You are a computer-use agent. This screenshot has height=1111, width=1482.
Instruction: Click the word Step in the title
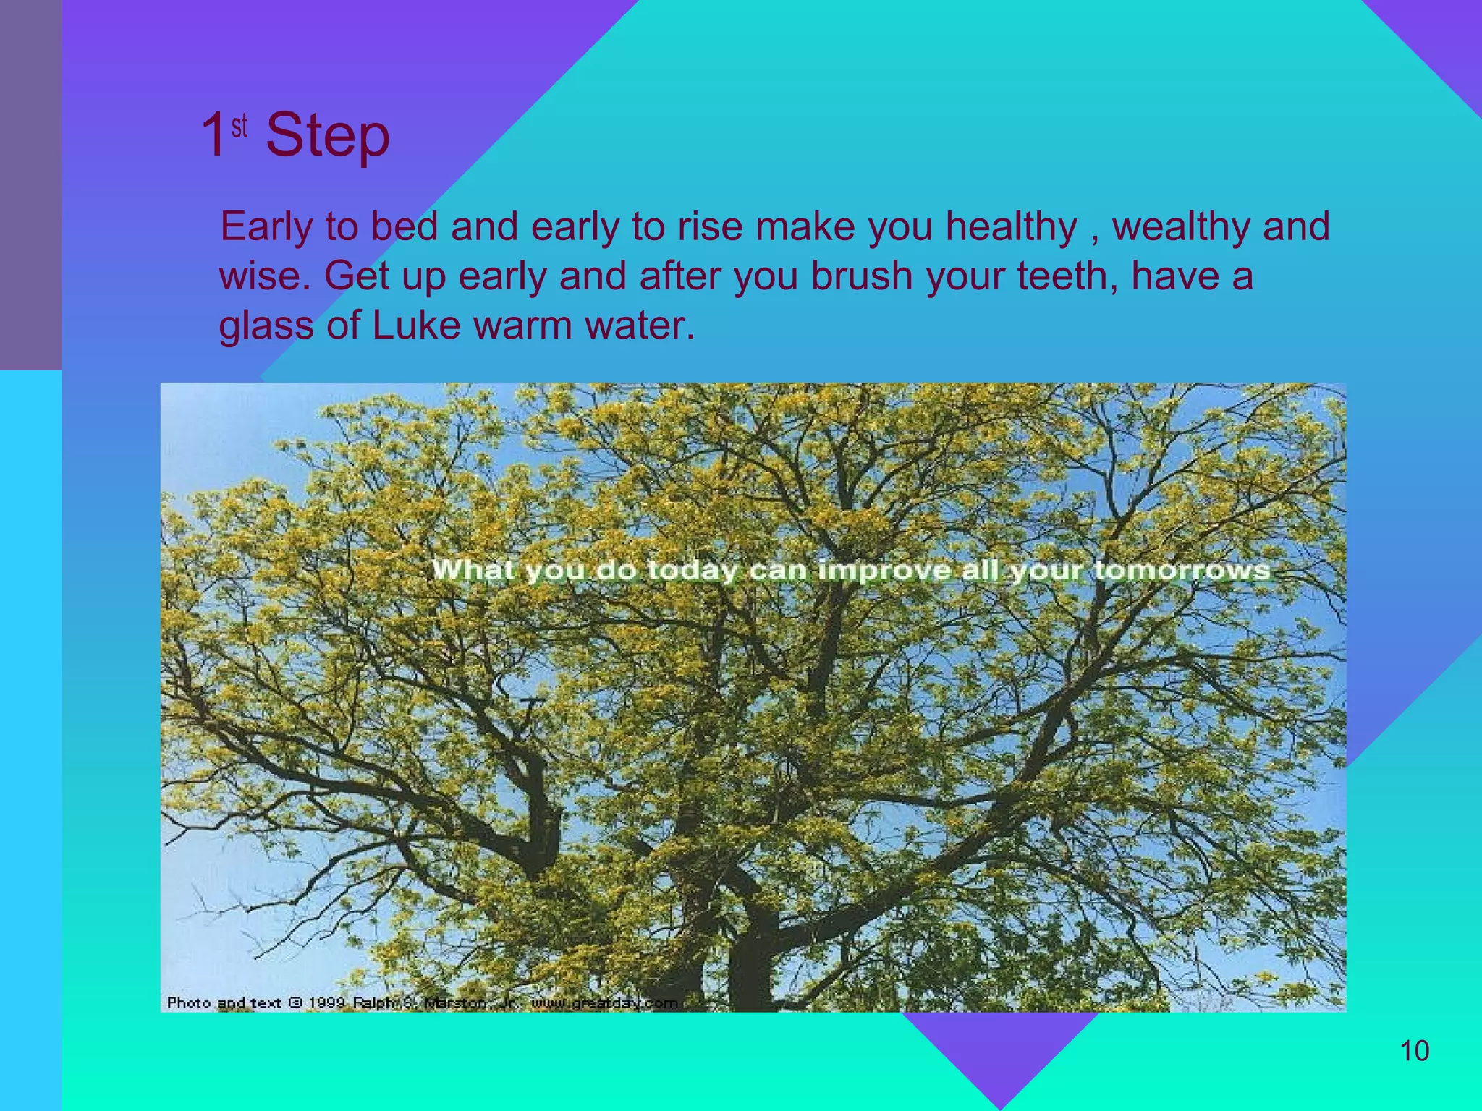(x=327, y=137)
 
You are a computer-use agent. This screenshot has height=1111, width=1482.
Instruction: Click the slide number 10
(x=1414, y=1051)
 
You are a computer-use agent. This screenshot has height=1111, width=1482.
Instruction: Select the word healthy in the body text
(x=1011, y=227)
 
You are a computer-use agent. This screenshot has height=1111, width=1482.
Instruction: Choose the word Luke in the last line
(x=415, y=325)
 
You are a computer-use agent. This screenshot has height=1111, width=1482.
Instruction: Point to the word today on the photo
(x=691, y=571)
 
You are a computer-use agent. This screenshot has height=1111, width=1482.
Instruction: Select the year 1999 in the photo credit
(x=326, y=1003)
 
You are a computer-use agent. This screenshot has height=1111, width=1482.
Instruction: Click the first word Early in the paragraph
(x=266, y=227)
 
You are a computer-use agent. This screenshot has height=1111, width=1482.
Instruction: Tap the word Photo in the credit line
(x=188, y=1003)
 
